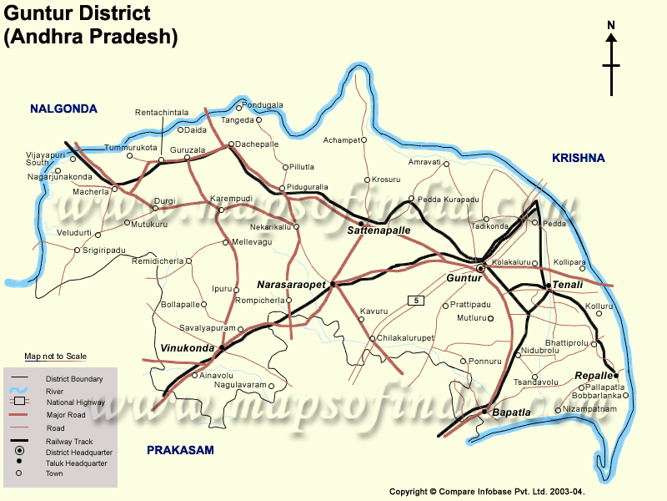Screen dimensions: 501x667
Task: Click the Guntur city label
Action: (464, 277)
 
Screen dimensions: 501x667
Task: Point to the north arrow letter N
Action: (611, 25)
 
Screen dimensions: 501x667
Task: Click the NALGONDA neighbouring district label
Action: (63, 109)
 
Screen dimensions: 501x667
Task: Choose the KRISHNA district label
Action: (578, 158)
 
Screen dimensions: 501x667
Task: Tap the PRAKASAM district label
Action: (180, 450)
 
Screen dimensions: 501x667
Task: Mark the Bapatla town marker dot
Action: (484, 410)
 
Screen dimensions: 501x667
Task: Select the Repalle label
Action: (594, 376)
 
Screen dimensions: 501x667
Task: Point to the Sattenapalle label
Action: (379, 229)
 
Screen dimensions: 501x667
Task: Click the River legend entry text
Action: (55, 391)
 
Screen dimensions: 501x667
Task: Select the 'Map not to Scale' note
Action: (55, 357)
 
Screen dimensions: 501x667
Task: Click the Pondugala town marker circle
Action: (238, 107)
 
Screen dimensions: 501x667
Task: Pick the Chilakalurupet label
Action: (406, 338)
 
